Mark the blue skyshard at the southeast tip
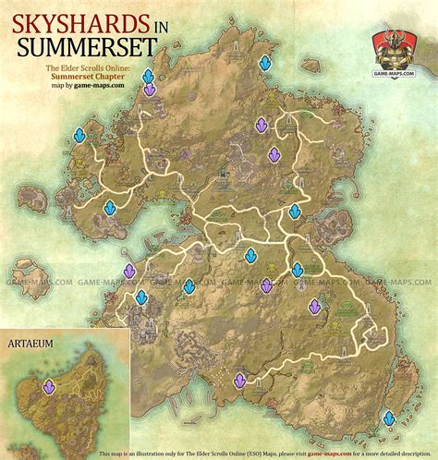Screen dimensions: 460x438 [390, 418]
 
